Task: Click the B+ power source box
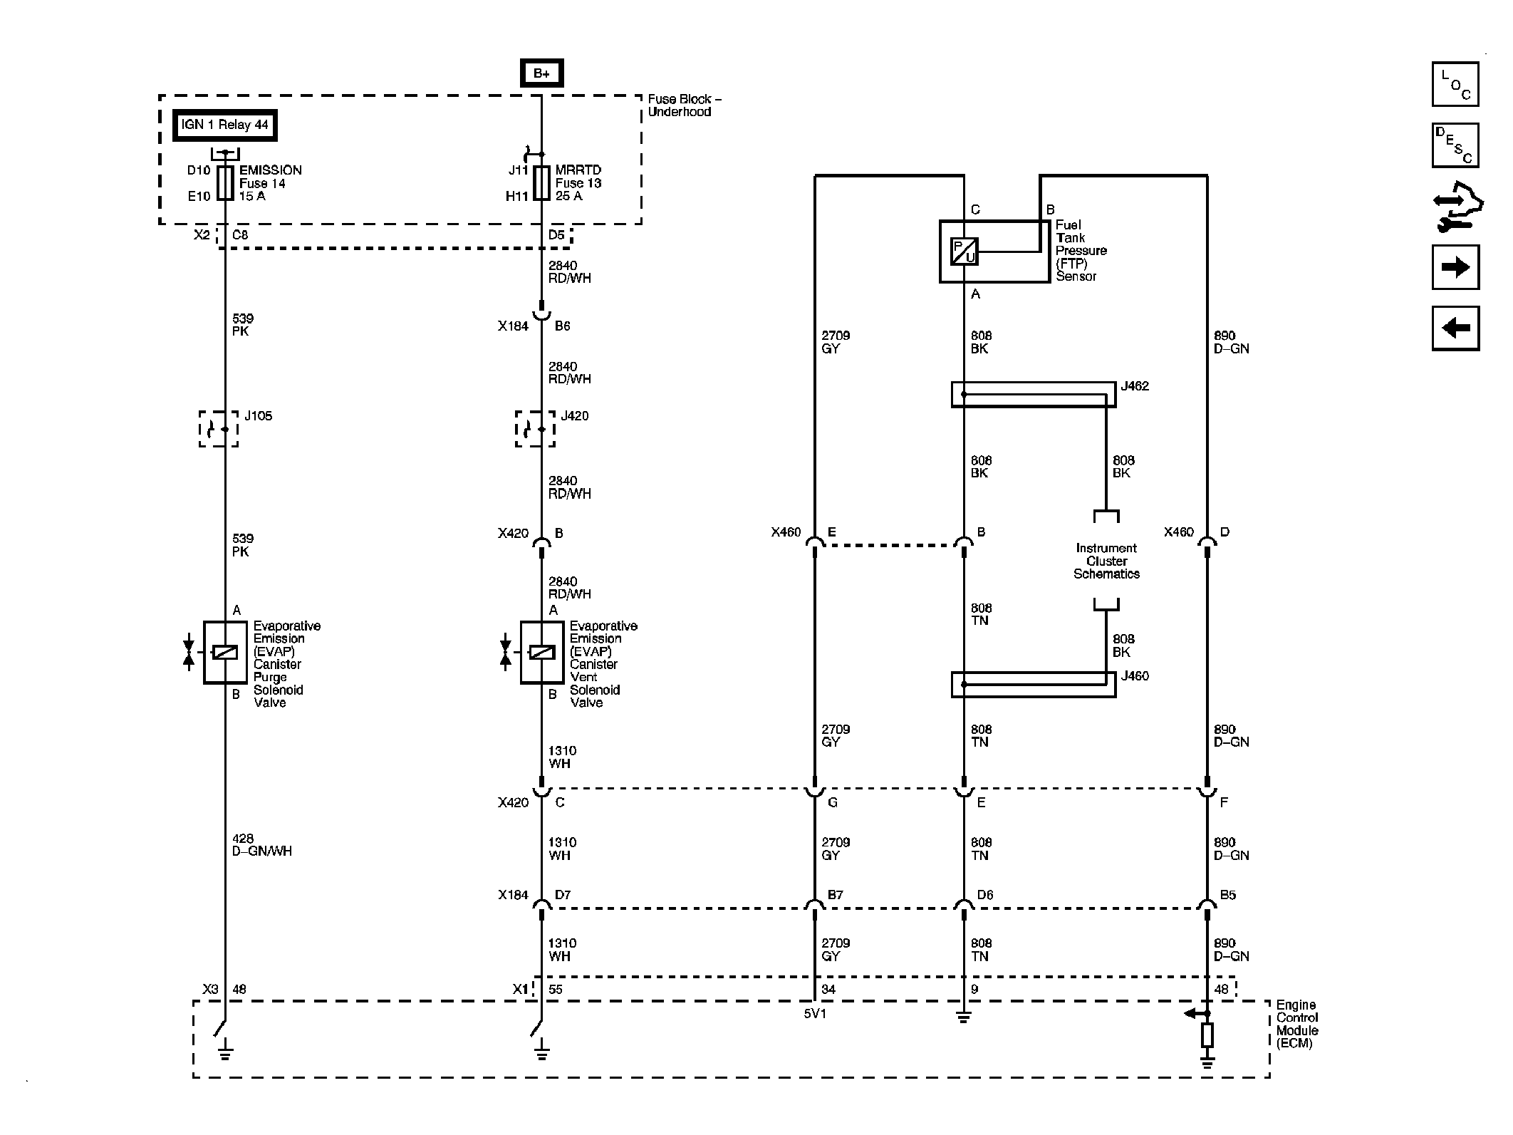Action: coord(541,73)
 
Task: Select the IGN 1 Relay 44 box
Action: coord(224,125)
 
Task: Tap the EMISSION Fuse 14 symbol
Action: coord(225,183)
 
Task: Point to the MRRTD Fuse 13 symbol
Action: coord(541,183)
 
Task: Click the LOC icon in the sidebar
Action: coord(1455,84)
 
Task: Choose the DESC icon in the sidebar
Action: coord(1455,145)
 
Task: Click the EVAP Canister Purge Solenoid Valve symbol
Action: coord(224,652)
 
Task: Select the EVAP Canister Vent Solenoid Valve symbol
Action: coord(541,652)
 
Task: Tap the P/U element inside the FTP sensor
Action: coord(964,252)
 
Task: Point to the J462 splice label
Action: coord(1135,386)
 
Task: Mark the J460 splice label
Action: coord(1135,676)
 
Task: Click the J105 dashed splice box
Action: coord(218,429)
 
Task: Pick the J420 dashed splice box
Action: coord(535,429)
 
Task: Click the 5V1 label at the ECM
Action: coord(815,1013)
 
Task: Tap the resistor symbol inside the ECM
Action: coord(1207,1035)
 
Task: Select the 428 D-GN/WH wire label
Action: coord(262,845)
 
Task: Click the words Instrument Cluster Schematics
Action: coord(1106,561)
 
